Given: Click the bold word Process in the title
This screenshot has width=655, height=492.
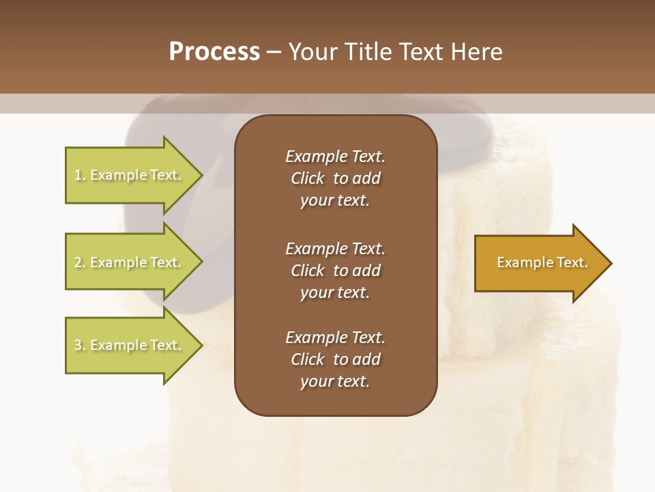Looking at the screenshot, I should point(214,52).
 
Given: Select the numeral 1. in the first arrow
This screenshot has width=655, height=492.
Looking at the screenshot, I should point(80,175).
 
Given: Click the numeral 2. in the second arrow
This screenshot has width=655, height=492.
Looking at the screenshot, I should point(80,262).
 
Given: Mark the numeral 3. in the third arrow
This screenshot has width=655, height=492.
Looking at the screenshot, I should point(80,345).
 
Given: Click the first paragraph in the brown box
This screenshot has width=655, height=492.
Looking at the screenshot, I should point(335,178).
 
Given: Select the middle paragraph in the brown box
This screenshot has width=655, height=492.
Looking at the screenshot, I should point(335,271).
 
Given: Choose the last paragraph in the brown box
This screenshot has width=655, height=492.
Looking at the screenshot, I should point(335,359).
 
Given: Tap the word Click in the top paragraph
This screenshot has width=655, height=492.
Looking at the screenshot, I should point(307,178).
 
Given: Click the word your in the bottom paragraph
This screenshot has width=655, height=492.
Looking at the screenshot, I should point(316,382).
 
